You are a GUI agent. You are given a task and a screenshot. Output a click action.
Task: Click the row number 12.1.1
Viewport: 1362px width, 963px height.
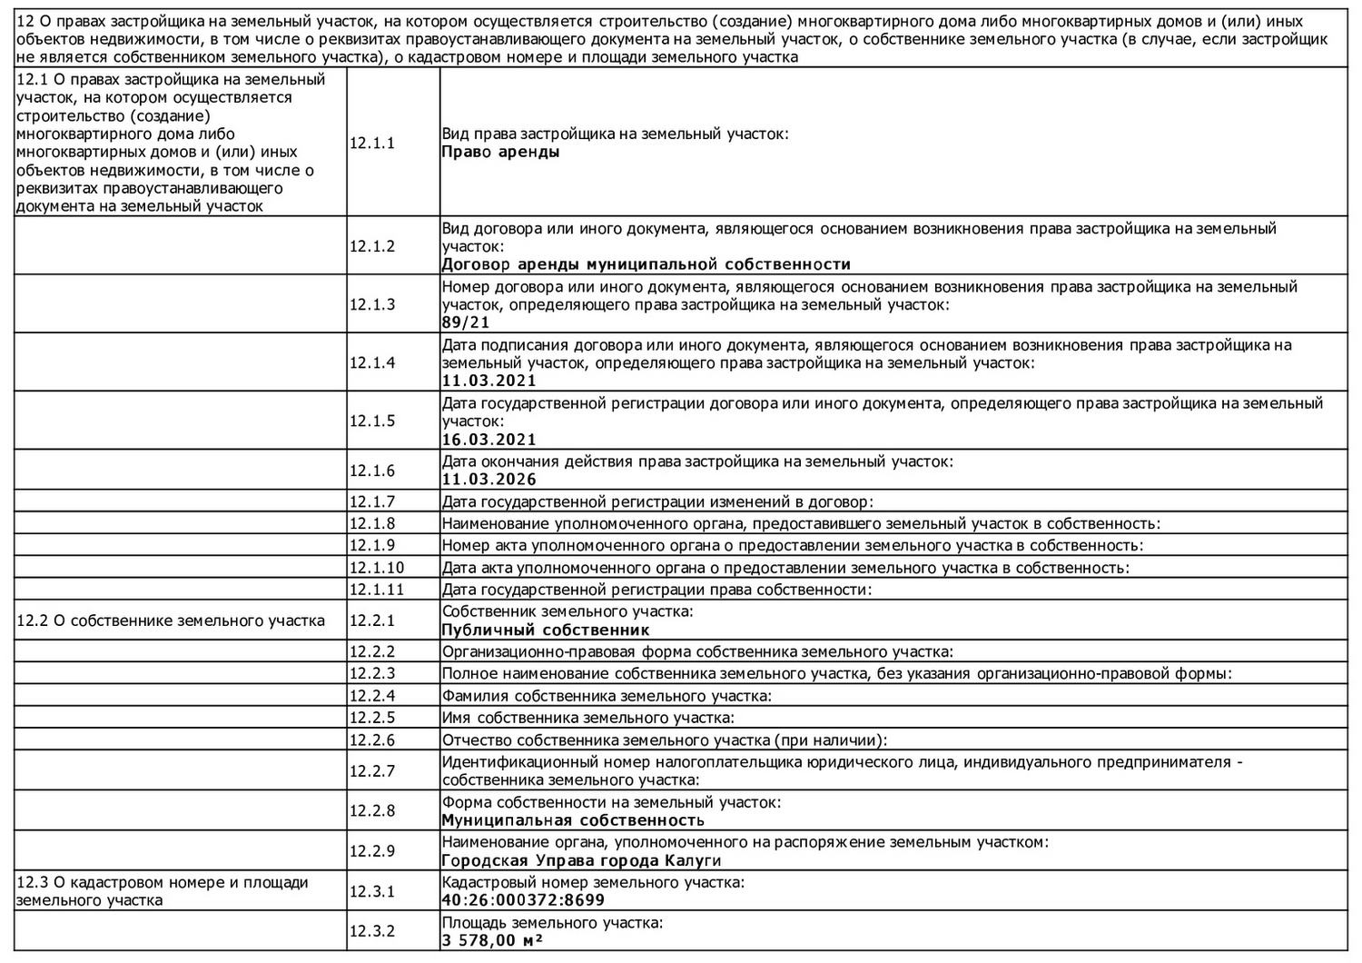click(x=372, y=143)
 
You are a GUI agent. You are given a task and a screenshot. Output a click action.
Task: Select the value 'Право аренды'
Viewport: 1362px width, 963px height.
click(x=500, y=152)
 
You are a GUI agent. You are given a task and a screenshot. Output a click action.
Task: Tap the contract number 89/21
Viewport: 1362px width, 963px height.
click(x=466, y=323)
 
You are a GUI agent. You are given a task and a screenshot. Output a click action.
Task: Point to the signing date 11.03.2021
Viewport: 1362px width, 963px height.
click(x=489, y=381)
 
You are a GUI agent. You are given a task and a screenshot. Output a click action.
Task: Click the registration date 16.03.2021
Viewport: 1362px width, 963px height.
click(x=489, y=440)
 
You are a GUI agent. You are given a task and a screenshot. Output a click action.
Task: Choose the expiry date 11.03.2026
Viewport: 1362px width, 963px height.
click(x=489, y=479)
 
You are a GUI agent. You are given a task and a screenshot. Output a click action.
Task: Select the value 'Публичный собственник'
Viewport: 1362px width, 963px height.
click(x=545, y=630)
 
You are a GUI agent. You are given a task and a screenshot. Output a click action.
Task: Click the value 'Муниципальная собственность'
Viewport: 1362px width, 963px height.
click(x=572, y=820)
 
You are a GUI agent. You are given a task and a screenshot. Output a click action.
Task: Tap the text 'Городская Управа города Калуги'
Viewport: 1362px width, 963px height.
click(x=581, y=860)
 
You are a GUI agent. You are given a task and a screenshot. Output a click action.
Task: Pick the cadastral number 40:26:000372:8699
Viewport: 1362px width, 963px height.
click(x=523, y=900)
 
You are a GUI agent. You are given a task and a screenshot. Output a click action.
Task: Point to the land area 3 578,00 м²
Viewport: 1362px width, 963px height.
click(x=492, y=940)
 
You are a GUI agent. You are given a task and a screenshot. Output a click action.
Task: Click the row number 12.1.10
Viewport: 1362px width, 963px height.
click(x=376, y=568)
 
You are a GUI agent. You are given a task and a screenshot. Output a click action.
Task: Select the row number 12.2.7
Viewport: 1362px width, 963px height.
click(x=372, y=770)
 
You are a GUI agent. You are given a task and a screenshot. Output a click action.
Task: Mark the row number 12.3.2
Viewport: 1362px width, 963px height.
click(x=372, y=931)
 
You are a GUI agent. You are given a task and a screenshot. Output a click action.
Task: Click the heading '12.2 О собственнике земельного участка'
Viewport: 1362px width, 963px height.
click(x=171, y=621)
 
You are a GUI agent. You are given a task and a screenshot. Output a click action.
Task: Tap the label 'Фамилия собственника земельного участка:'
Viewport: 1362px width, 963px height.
click(x=606, y=696)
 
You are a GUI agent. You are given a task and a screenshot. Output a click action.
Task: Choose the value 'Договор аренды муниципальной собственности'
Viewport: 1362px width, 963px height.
click(x=646, y=264)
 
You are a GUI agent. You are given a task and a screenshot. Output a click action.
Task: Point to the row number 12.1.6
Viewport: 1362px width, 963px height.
click(x=372, y=471)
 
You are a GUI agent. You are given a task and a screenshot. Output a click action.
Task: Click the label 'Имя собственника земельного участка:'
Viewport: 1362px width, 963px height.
click(x=587, y=718)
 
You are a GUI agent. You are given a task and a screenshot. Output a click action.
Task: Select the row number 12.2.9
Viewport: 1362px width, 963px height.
click(x=372, y=851)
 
